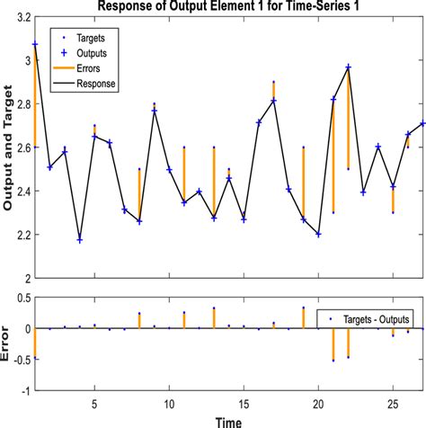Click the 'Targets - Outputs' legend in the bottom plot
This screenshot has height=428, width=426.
[371, 318]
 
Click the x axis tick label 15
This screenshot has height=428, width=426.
[243, 402]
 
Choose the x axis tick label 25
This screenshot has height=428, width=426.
[393, 402]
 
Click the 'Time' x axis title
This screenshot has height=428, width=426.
[227, 419]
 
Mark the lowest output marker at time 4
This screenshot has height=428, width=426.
[80, 240]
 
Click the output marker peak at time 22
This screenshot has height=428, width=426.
[349, 67]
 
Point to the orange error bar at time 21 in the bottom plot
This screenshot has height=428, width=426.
[333, 344]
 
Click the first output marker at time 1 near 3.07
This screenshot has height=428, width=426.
[35, 44]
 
